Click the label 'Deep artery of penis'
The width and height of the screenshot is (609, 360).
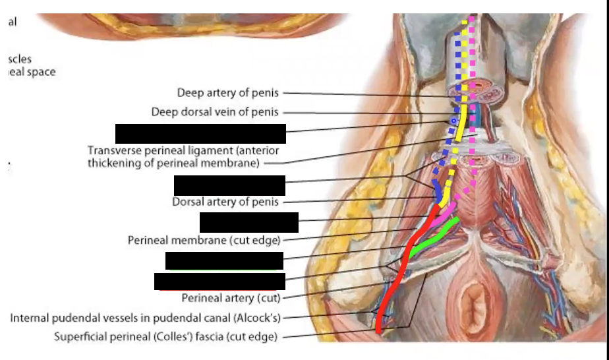click(227, 93)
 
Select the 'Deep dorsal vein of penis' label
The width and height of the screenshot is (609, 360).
click(215, 112)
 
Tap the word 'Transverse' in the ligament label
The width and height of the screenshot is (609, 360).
click(113, 150)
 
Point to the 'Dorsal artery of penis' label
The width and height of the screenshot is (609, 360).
click(225, 202)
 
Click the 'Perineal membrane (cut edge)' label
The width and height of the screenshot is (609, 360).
click(204, 240)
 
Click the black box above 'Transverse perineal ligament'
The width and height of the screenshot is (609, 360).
click(200, 133)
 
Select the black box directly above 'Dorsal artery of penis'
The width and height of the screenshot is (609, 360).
click(229, 185)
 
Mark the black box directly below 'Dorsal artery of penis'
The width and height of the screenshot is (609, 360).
click(248, 222)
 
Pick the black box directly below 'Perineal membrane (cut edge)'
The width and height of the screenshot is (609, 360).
click(224, 260)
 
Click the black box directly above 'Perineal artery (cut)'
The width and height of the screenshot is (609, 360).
click(219, 281)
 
